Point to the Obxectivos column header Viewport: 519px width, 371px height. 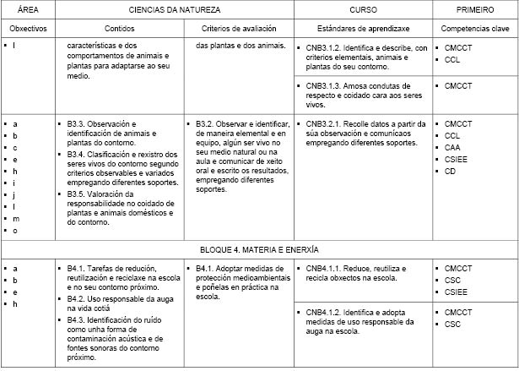29,28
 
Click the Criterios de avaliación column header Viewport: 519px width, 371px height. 239,28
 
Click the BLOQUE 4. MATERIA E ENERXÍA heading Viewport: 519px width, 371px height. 259,250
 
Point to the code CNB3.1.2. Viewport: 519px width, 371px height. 325,48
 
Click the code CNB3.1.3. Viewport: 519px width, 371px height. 325,86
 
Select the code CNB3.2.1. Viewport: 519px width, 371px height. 325,123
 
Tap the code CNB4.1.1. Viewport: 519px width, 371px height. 325,268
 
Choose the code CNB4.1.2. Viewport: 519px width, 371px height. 325,313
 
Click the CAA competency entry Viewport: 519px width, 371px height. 454,147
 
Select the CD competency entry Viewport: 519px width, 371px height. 451,171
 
